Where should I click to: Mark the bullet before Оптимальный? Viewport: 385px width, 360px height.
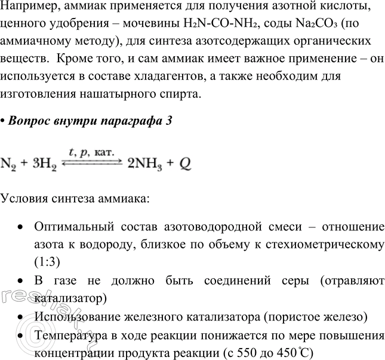click(21, 227)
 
